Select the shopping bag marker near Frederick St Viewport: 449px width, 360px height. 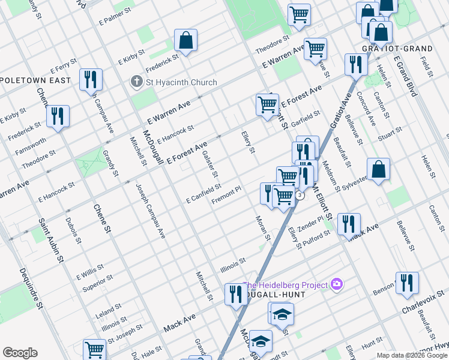point(186,41)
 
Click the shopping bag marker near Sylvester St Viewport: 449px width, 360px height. point(379,170)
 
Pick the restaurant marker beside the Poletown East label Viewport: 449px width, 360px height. point(91,79)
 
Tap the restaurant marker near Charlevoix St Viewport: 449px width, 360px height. point(407,283)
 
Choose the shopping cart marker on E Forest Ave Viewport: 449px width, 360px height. point(267,104)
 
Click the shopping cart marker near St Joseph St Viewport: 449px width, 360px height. point(94,349)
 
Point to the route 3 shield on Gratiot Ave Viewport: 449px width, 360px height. point(299,195)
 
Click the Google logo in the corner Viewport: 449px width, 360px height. point(20,353)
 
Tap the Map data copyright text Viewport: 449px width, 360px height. point(412,355)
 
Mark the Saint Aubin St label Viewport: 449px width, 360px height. point(52,241)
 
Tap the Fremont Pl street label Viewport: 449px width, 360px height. point(226,195)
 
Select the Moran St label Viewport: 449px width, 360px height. point(264,229)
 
